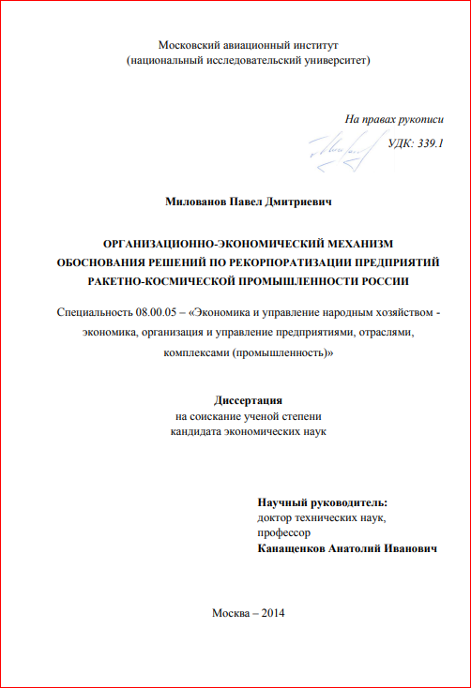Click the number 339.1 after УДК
click(x=429, y=143)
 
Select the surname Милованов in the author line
click(x=195, y=201)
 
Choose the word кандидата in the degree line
click(x=196, y=432)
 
